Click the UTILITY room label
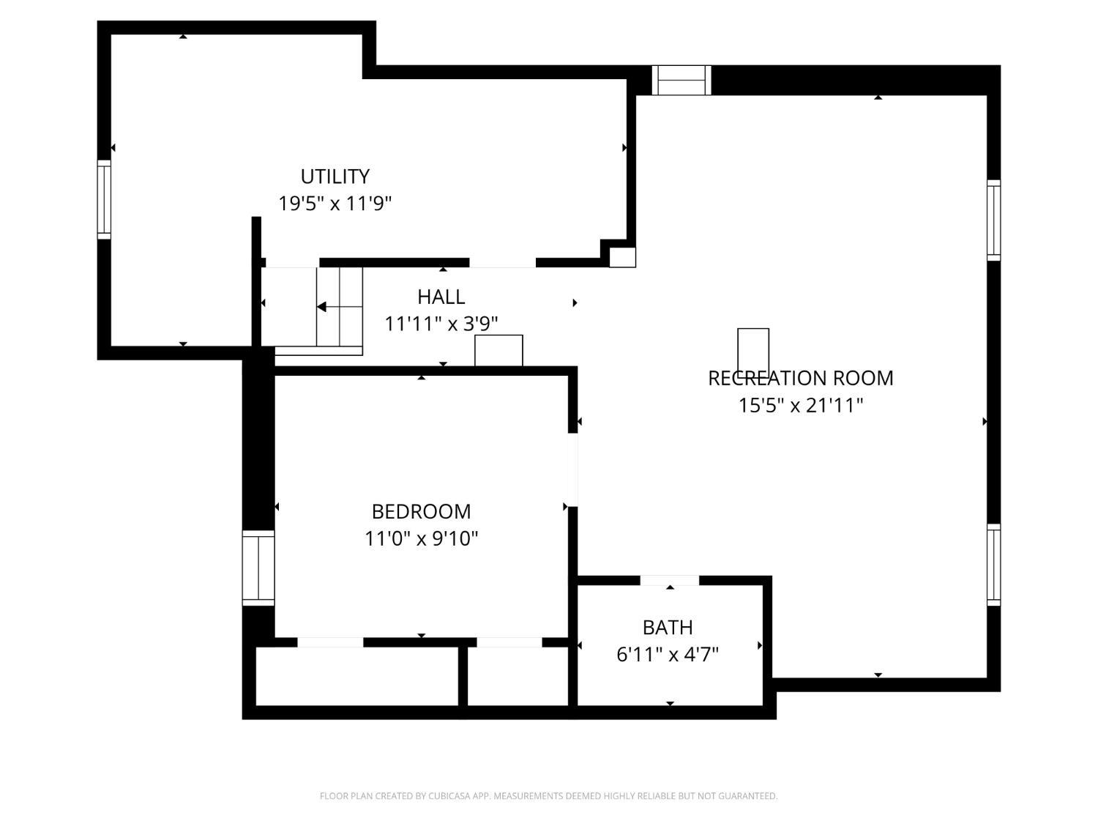[335, 177]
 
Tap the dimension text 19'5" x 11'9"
[335, 204]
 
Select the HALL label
[441, 297]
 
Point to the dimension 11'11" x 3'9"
[441, 324]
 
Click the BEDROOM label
[421, 511]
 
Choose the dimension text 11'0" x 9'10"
[421, 539]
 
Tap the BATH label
[668, 628]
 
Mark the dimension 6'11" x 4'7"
[668, 654]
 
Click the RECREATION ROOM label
[800, 378]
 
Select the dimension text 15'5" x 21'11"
[800, 405]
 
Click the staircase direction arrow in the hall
[323, 307]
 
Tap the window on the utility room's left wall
[104, 199]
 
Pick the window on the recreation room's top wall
[681, 80]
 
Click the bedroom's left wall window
[258, 568]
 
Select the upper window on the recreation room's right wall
[993, 220]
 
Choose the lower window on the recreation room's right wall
[993, 564]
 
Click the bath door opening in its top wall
[669, 581]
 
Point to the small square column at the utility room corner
[622, 257]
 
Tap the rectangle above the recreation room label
[752, 349]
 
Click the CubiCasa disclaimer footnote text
[548, 796]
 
